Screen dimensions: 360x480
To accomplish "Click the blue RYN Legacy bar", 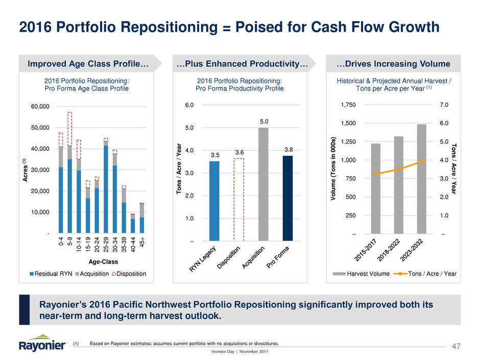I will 214,201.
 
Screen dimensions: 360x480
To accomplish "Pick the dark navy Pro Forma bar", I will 288,198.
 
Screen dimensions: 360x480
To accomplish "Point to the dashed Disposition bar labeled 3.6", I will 239,199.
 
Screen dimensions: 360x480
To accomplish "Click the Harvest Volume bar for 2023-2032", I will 421,179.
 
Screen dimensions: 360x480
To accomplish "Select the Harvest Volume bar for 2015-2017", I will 376,188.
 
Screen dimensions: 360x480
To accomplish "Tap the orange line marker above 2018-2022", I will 399,169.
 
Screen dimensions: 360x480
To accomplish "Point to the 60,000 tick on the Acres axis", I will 39,106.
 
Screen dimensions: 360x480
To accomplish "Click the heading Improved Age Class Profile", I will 88,64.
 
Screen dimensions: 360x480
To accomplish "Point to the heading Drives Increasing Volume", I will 393,64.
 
